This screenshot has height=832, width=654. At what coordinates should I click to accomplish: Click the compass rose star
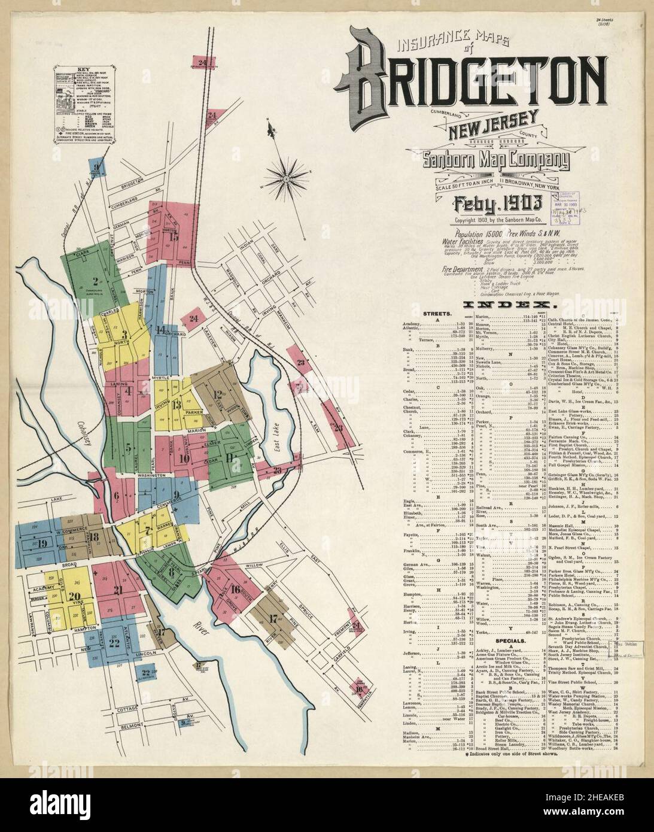click(283, 176)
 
